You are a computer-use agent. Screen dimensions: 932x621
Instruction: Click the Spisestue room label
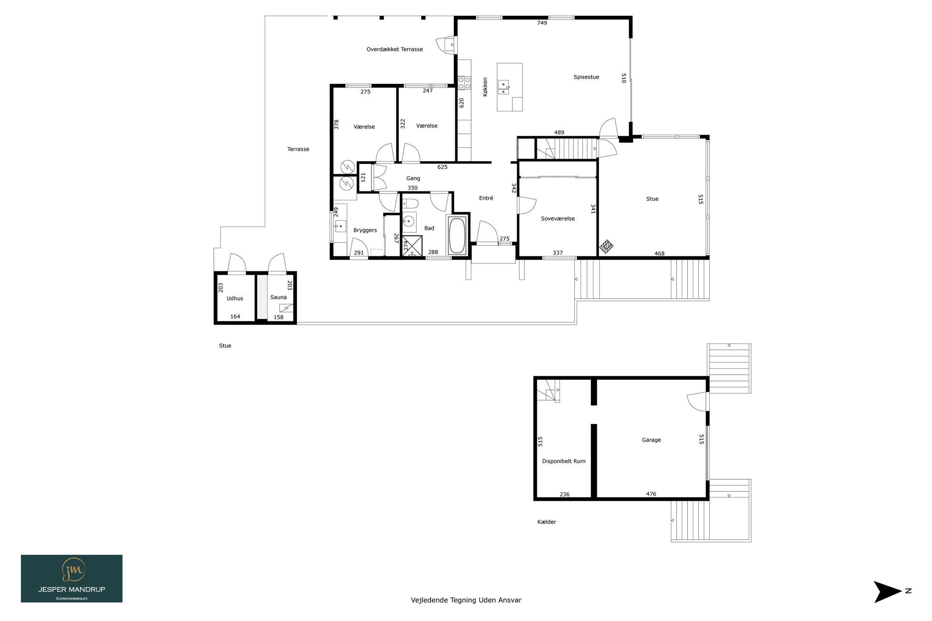coord(586,77)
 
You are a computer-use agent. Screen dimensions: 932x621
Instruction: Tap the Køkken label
coord(485,87)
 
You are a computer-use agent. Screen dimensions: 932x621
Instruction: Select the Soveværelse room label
coord(558,218)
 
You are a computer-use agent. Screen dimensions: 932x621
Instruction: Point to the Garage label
coord(651,440)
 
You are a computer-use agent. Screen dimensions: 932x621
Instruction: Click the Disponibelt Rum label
coord(564,461)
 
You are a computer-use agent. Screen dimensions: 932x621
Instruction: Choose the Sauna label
coord(279,297)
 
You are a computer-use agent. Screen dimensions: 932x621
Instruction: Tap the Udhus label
coord(235,299)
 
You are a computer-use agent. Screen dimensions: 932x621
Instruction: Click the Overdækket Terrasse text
coord(395,49)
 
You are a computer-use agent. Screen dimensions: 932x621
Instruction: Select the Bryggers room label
coord(365,230)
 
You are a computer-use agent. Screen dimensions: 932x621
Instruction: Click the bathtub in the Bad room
coord(457,235)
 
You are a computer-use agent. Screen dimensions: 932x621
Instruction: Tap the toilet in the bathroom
coord(410,204)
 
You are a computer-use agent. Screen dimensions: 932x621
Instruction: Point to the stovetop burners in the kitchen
coord(464,83)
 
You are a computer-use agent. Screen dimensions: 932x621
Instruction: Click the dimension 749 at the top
coord(542,23)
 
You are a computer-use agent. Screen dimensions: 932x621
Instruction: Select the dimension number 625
coord(442,167)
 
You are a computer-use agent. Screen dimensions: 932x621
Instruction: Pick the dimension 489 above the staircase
coord(559,132)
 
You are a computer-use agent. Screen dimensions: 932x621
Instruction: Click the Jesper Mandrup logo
coord(72,579)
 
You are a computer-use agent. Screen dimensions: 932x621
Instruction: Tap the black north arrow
coord(887,592)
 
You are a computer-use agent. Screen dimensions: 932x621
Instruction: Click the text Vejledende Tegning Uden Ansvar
coord(466,600)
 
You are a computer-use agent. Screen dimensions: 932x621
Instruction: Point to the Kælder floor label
coord(547,522)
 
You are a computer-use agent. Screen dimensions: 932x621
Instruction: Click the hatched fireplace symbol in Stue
coord(606,246)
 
